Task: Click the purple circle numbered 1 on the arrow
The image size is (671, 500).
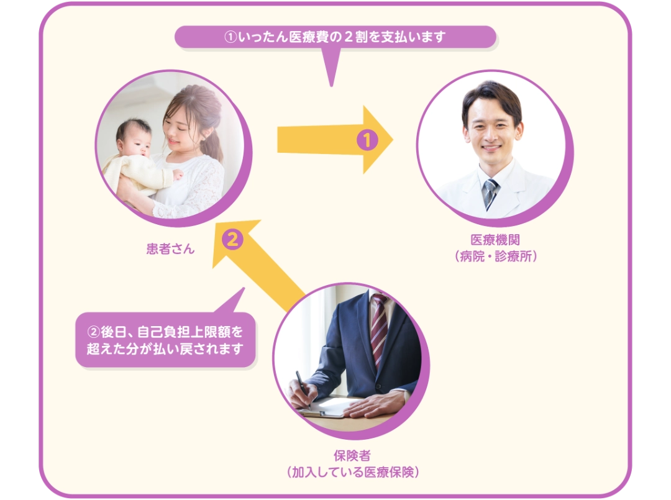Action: [x=367, y=140]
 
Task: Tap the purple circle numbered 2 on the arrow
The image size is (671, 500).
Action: [x=232, y=239]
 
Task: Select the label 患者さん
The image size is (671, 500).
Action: [x=170, y=248]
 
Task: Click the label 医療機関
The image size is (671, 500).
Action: [x=495, y=240]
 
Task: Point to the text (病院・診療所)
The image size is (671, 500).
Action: [x=496, y=256]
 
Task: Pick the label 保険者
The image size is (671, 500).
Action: [x=352, y=455]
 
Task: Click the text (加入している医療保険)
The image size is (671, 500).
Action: [x=352, y=472]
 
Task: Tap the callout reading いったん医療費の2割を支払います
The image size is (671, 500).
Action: [x=335, y=37]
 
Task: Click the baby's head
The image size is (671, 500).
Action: [x=134, y=138]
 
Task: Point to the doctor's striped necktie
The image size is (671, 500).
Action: [x=490, y=193]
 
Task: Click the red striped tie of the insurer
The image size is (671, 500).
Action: [x=379, y=329]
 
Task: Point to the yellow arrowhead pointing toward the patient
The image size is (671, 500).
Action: [x=235, y=242]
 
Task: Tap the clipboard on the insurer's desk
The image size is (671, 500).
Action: [x=325, y=407]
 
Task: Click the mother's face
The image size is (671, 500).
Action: [x=178, y=128]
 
